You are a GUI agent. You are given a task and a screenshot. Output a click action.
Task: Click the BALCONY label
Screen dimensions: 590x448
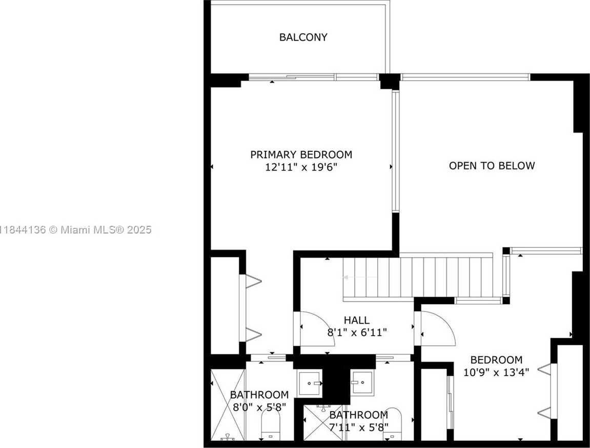[x=303, y=37]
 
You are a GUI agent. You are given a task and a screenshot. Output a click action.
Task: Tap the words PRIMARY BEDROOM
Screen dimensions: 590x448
[x=301, y=154]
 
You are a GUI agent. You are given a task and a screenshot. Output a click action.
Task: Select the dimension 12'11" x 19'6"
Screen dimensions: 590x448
[x=301, y=167]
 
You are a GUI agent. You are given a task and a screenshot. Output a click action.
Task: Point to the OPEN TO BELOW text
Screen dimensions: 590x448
[x=492, y=165]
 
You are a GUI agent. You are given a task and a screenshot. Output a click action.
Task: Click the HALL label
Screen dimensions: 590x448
[x=357, y=320]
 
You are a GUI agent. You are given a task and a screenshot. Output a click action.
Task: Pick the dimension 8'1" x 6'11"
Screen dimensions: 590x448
[x=357, y=333]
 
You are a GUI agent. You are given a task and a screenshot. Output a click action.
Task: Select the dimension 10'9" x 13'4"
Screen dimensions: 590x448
[x=496, y=372]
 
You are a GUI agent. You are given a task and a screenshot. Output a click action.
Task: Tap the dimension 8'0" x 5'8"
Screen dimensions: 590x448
[x=259, y=407]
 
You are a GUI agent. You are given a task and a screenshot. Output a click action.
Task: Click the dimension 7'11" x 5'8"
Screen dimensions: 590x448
[x=359, y=427]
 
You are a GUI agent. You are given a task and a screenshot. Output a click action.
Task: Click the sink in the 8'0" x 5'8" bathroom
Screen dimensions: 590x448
[x=310, y=383]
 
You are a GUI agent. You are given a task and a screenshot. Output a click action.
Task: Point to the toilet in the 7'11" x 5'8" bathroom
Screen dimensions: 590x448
[x=393, y=423]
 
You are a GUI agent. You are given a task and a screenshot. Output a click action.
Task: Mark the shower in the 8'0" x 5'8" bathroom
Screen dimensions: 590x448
[x=228, y=405]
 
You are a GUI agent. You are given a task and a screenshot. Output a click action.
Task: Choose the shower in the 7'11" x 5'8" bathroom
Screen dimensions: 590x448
[x=323, y=422]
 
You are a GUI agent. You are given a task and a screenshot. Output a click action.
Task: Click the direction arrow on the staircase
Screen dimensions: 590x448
[x=359, y=277]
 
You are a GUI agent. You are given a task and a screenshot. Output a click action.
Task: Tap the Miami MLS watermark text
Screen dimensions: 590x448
[x=75, y=229]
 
